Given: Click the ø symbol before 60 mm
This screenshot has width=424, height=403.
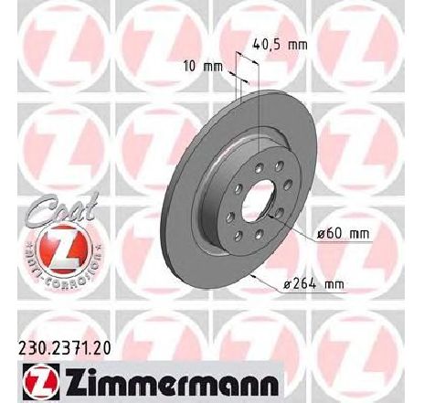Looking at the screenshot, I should coord(322,233).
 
